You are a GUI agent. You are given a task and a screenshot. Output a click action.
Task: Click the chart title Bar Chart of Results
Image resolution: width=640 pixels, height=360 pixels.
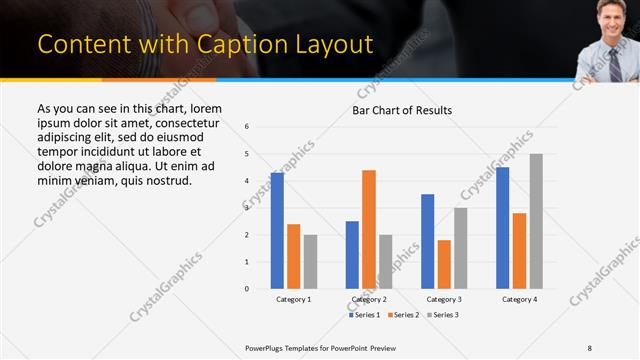pos(402,110)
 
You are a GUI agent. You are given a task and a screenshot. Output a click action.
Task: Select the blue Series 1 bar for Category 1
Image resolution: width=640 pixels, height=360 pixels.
pos(277,230)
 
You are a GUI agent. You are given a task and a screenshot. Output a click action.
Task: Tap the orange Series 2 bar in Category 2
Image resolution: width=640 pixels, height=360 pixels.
pos(369,229)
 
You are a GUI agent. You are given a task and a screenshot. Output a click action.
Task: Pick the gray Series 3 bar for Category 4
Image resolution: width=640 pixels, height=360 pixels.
pos(536,221)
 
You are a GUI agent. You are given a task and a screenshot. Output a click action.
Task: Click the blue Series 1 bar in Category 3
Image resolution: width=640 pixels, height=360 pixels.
pos(428,241)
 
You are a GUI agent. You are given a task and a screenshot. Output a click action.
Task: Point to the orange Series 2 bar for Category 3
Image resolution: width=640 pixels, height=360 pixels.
pos(444,264)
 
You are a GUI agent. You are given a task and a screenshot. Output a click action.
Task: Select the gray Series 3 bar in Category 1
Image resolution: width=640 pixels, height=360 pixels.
pos(310,261)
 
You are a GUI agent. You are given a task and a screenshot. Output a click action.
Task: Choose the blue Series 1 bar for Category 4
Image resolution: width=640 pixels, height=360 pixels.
pos(502,227)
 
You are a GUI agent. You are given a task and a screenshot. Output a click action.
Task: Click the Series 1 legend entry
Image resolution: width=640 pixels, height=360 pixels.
pos(364,315)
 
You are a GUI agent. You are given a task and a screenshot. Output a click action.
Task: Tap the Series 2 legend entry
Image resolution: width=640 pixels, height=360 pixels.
pos(403,315)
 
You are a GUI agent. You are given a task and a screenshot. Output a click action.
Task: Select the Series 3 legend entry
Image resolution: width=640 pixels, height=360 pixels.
pos(442,315)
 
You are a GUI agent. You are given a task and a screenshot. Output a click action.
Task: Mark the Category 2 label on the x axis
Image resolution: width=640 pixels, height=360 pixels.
pos(369,300)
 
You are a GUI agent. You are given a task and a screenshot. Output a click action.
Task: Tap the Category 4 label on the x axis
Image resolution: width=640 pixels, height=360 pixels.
pos(519,300)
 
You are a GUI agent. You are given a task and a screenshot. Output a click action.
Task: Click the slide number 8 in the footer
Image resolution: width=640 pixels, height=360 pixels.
pos(589,348)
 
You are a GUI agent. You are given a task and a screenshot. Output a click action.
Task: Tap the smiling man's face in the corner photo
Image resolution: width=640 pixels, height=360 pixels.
pos(609,17)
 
